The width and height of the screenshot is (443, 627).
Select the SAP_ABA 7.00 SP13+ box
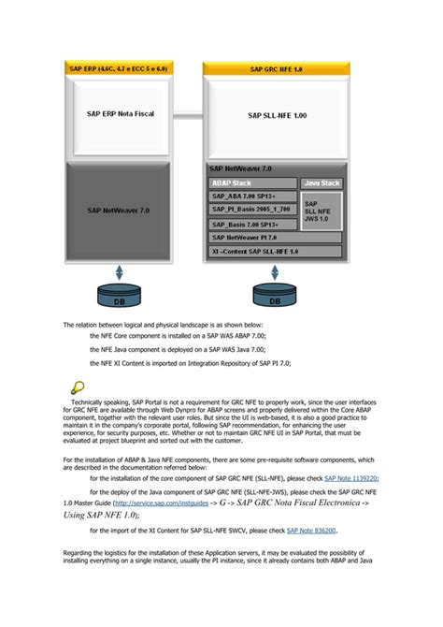(251, 197)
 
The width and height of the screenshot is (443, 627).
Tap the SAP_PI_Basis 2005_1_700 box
(251, 211)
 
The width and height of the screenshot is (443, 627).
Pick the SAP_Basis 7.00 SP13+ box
(251, 225)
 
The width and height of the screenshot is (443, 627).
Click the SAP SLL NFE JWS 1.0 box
(321, 210)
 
